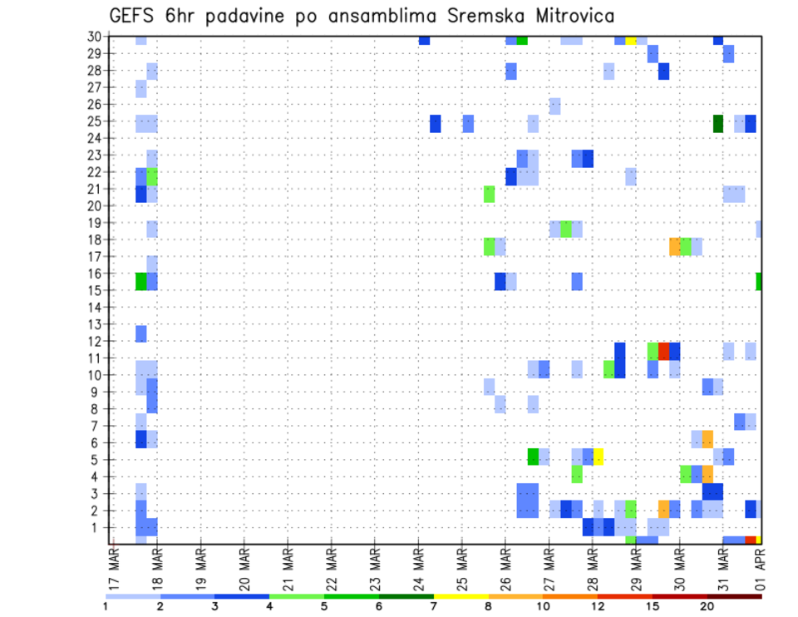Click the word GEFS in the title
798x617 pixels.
point(130,15)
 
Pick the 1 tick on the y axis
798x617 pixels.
point(96,527)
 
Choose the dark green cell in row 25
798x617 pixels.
point(718,123)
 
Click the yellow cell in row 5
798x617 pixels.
point(598,456)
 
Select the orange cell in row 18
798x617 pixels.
point(675,246)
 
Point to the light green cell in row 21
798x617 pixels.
point(490,194)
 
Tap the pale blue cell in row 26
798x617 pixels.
point(554,106)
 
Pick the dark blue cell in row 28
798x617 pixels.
point(664,72)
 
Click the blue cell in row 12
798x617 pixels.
point(141,333)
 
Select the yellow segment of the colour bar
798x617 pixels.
point(461,596)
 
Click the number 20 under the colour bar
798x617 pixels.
point(707,607)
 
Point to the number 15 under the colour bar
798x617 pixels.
point(652,607)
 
